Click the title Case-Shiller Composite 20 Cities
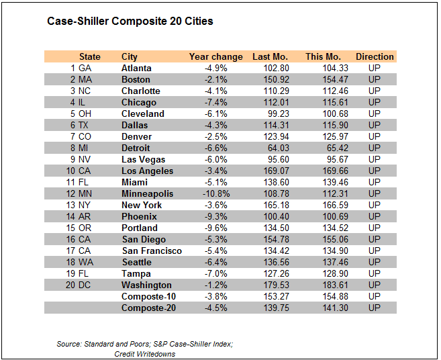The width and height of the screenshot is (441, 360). click(x=130, y=21)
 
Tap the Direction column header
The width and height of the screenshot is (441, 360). click(x=375, y=57)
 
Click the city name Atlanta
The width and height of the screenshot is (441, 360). click(x=136, y=69)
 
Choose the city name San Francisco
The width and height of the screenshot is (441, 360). click(x=152, y=251)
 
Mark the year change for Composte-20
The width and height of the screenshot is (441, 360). click(x=216, y=308)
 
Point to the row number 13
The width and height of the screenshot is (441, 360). click(x=71, y=206)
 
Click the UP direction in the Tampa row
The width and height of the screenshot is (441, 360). click(x=375, y=274)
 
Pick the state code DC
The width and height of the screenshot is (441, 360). click(x=85, y=285)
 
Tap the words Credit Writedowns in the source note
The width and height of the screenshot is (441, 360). click(x=144, y=354)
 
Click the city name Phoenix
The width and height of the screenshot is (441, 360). click(x=139, y=217)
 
